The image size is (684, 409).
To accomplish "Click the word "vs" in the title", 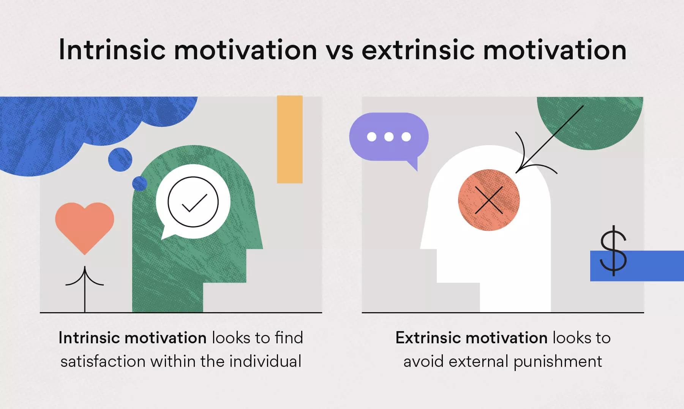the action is point(339,51).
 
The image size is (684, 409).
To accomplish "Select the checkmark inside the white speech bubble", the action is point(194,203).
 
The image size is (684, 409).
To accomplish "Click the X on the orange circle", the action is point(489,200).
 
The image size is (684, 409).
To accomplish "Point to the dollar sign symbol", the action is point(613,250).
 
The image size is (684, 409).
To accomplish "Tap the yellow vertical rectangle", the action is point(290,139).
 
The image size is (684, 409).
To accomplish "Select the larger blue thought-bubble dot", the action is point(120,159).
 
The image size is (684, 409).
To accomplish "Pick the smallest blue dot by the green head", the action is point(139,184).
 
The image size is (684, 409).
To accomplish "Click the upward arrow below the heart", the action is point(85,289).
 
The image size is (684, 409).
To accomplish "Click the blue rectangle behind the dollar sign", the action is point(637,266).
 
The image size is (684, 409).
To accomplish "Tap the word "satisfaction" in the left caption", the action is point(103,361).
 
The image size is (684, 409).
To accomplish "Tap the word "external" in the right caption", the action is point(478,361).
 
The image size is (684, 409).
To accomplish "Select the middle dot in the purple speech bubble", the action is point(389,137).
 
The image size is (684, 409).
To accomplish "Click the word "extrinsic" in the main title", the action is point(419,51).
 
